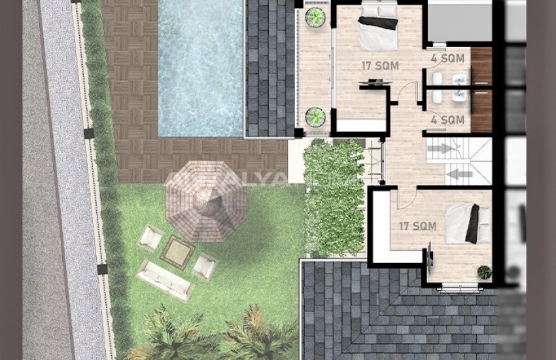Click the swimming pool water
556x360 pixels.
coord(200,65)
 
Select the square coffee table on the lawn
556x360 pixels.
coord(177,251)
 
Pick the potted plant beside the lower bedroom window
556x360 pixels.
coord(484,272)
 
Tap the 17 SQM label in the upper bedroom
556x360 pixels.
coord(380,65)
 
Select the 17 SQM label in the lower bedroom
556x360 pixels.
coord(418,226)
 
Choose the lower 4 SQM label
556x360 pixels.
coord(448,120)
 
